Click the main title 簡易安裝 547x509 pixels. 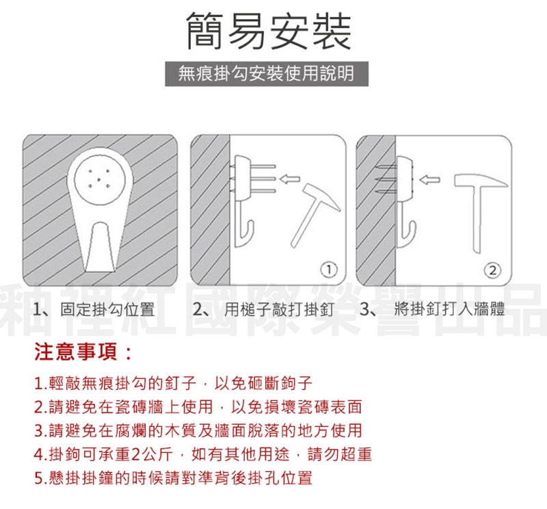pos(269,31)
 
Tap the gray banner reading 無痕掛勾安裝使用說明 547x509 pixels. pos(267,74)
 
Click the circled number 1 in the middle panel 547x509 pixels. pos(329,270)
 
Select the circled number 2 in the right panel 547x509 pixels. pos(492,270)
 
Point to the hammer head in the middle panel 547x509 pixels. pos(321,196)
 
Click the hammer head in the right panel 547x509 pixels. pos(481,180)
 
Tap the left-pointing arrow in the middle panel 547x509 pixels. pos(289,179)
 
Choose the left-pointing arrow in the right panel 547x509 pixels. pos(429,180)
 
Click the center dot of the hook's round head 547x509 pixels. pos(98,179)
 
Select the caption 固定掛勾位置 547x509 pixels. pos(107,309)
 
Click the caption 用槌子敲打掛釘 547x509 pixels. pos(278,309)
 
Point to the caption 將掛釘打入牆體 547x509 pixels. pos(449,309)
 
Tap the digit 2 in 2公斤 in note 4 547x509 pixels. pos(135,454)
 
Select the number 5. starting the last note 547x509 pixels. pos(41,478)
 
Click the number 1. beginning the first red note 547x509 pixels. pos(41,383)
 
